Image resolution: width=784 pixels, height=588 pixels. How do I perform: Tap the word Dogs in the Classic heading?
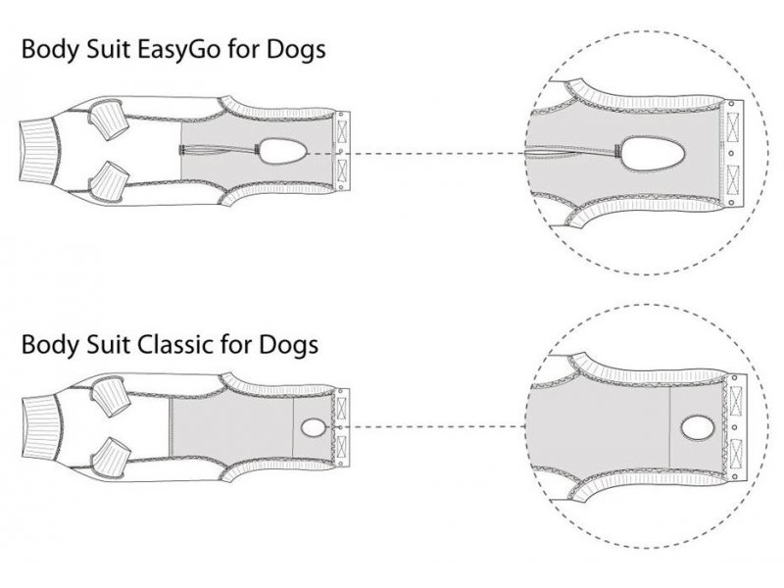pos(288,345)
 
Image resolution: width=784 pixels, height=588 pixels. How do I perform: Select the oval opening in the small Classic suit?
pos(313,427)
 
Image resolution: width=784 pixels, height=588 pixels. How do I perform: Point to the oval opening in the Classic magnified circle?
pos(698,428)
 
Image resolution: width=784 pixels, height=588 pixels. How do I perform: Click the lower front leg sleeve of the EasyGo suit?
pos(108,181)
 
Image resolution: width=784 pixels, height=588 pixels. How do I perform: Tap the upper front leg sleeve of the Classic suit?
pos(111,395)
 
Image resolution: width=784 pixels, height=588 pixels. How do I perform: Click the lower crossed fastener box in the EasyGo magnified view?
pos(732,179)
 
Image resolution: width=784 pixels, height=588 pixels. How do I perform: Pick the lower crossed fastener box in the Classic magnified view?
pos(736,453)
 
